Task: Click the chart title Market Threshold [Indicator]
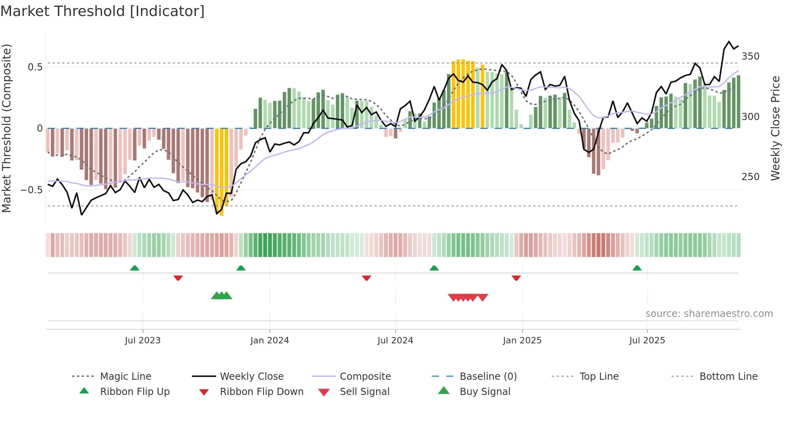[103, 11]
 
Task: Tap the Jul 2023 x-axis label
[143, 341]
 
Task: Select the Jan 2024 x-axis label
[270, 341]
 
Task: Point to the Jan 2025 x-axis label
[522, 341]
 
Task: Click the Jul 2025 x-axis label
[647, 341]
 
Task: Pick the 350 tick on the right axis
[751, 56]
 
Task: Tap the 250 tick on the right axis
[751, 177]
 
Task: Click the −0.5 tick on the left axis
[32, 190]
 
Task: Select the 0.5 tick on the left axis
[35, 67]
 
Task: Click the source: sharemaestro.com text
[709, 314]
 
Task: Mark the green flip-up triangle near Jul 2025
[637, 268]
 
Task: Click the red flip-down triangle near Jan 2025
[516, 278]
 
